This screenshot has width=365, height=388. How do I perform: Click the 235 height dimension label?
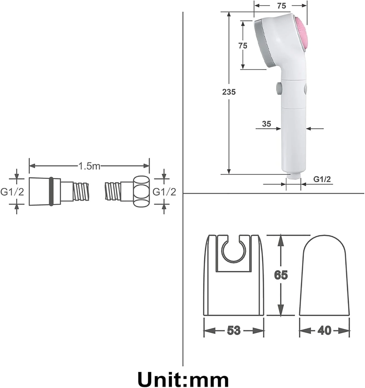click(229, 92)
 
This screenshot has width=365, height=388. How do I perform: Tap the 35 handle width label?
click(267, 124)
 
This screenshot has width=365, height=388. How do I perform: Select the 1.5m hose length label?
click(89, 166)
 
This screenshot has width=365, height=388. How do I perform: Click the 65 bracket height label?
click(281, 275)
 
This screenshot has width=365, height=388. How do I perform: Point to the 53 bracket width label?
click(234, 330)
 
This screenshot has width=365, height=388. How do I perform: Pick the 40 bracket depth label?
click(324, 330)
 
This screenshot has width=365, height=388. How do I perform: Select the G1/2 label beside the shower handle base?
click(322, 179)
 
